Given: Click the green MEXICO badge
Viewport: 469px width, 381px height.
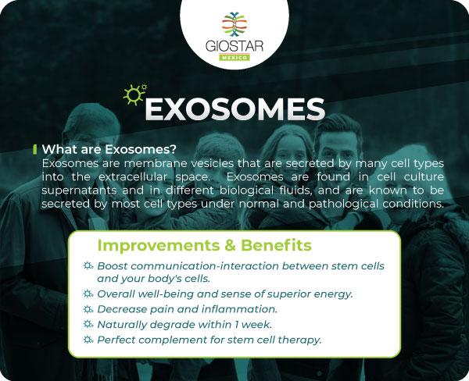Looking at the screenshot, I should (234, 58).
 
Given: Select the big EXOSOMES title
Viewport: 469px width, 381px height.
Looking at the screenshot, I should (235, 109).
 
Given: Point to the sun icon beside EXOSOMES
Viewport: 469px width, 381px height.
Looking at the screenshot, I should (134, 94).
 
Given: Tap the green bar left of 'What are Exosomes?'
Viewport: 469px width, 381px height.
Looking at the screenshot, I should (34, 148).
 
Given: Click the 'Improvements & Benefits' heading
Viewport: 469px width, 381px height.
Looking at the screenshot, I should (204, 246).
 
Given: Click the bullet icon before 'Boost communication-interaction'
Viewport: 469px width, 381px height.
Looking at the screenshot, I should (88, 266).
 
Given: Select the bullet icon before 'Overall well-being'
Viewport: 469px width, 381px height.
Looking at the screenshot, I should (88, 294).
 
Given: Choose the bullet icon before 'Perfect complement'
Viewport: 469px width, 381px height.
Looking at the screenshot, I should (88, 340).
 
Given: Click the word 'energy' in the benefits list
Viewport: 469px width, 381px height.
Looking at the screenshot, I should (334, 294).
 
